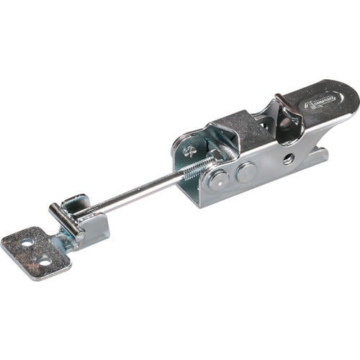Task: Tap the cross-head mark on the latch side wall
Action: click(x=188, y=151)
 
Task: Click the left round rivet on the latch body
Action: click(x=220, y=179)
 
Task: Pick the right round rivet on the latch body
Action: click(x=246, y=171)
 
